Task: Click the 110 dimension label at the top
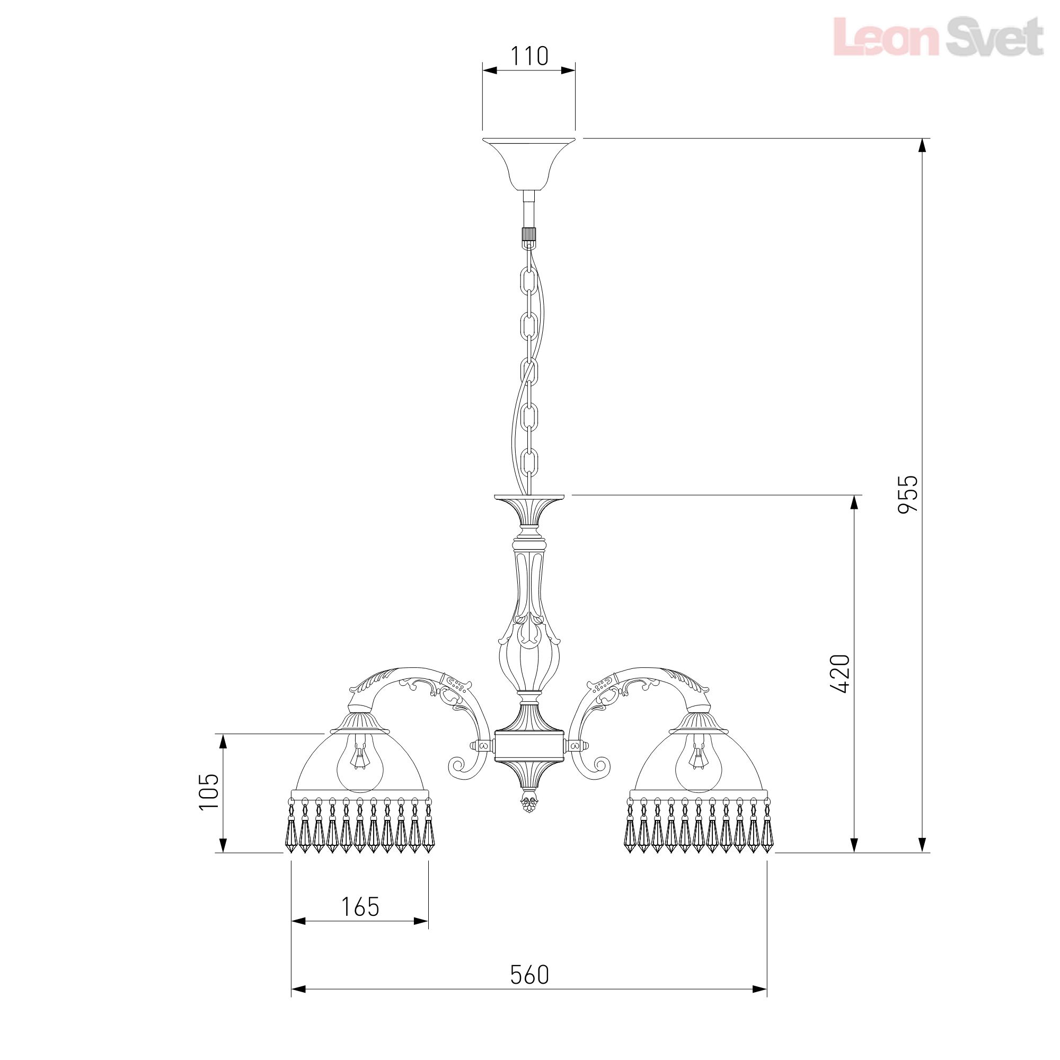click(x=529, y=56)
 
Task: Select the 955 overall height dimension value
click(x=907, y=494)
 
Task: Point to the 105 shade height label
click(x=209, y=791)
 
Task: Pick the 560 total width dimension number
click(x=529, y=929)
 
